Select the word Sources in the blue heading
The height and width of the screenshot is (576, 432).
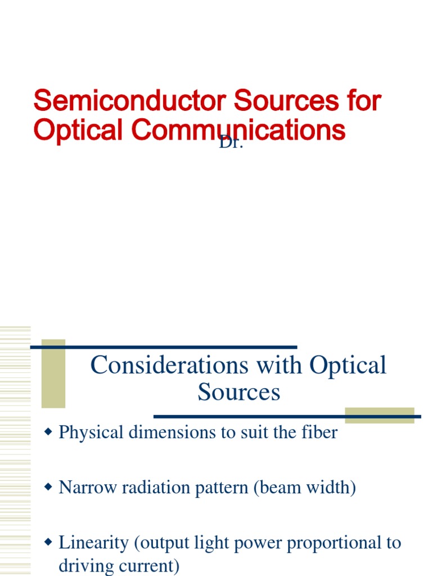click(x=238, y=392)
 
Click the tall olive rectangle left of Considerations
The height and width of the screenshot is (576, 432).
click(x=53, y=373)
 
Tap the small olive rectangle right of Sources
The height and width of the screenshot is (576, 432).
click(x=380, y=415)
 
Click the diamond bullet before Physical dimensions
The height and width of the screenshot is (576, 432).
click(x=48, y=432)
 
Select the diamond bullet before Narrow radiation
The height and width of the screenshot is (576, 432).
click(x=48, y=487)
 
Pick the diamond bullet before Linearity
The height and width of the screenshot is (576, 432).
click(x=48, y=542)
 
